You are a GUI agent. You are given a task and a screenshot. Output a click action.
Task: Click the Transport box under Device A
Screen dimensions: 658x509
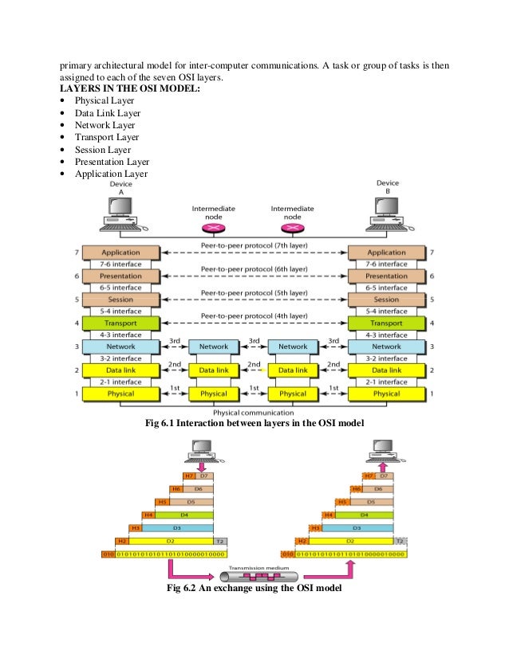point(120,323)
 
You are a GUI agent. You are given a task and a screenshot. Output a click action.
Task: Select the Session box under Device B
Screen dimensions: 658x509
point(386,300)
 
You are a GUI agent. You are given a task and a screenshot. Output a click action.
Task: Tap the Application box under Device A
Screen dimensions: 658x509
point(120,253)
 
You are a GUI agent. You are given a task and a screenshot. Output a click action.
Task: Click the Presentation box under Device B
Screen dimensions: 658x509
point(386,276)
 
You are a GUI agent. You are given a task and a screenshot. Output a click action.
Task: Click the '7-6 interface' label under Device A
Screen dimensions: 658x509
point(120,264)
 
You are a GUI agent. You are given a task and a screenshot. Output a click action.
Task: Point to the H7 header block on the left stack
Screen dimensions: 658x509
point(189,475)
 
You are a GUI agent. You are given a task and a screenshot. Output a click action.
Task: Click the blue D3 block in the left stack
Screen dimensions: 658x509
point(178,527)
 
